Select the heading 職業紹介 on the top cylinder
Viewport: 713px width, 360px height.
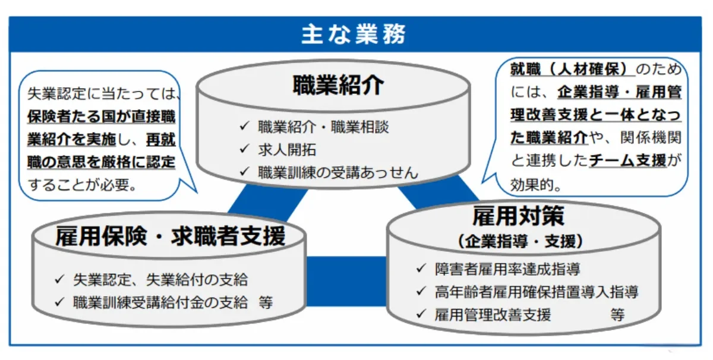click(339, 86)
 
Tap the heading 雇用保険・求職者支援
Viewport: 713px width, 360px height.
click(171, 236)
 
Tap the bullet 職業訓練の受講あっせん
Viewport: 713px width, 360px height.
click(338, 173)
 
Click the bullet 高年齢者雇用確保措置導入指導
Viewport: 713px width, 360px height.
click(536, 292)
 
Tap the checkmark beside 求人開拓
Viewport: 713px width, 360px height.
click(244, 150)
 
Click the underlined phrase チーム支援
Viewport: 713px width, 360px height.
click(627, 160)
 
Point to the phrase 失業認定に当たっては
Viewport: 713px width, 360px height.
click(103, 93)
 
